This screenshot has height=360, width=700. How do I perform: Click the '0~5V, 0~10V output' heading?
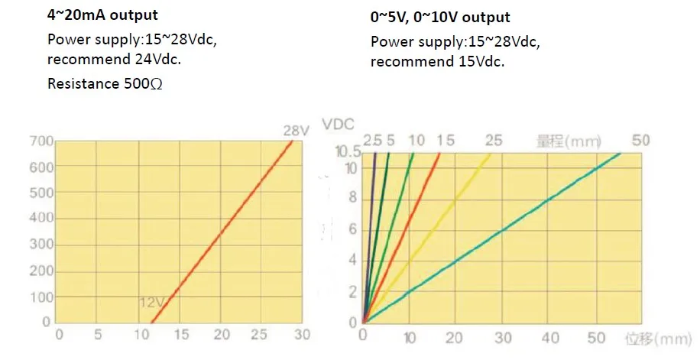440,17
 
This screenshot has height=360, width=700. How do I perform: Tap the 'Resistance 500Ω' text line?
105,84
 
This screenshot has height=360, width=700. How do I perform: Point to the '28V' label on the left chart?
296,131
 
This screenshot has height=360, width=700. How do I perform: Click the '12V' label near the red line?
151,303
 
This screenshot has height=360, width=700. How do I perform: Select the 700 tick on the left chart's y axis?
41,141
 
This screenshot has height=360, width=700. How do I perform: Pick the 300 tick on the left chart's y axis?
41,245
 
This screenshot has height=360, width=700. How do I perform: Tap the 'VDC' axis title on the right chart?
338,125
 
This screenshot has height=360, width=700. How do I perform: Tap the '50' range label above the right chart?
641,141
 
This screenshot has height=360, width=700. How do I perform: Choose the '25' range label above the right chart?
494,141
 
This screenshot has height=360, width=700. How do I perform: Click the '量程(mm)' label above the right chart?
569,141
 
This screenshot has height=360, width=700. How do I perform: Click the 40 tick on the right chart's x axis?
550,336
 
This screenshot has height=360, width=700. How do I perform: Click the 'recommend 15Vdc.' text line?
437,62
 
